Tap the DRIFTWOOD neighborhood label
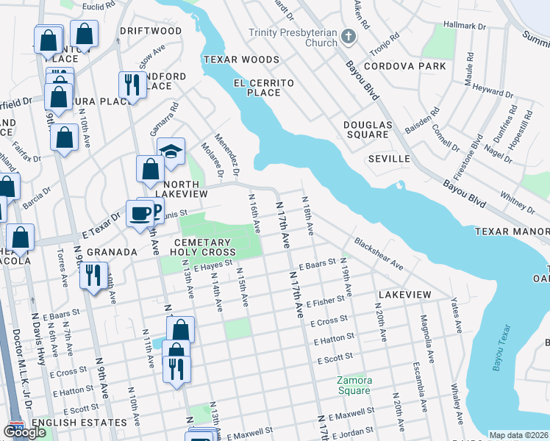(x=151, y=32)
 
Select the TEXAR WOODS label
(x=232, y=59)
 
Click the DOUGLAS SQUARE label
(x=366, y=129)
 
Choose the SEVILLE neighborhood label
(x=388, y=159)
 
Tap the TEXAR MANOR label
(x=512, y=231)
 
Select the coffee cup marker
(x=139, y=214)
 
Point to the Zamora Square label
(x=354, y=385)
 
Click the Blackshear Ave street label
(x=378, y=252)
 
